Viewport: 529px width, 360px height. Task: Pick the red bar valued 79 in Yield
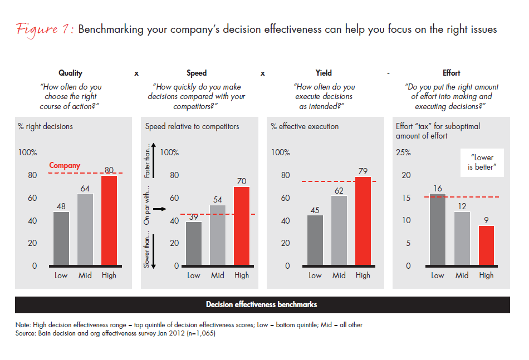point(363,221)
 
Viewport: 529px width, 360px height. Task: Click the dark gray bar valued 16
point(438,229)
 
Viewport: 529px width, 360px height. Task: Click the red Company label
point(65,165)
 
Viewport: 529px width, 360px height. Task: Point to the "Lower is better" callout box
point(482,162)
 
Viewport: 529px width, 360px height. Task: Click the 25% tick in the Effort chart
point(403,152)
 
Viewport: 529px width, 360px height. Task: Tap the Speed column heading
point(197,73)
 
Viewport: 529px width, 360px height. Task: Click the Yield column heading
point(324,73)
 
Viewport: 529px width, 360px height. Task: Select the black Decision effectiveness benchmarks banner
point(262,304)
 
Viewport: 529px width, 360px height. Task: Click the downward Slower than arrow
point(160,251)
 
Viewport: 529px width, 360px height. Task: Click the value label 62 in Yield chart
point(339,190)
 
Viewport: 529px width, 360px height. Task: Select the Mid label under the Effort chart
point(462,275)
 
